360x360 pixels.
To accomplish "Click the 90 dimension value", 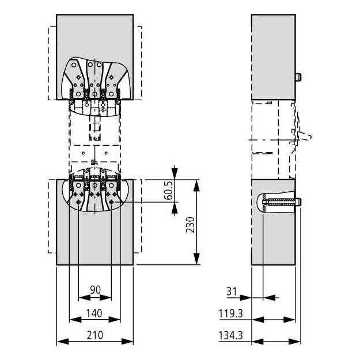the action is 95,290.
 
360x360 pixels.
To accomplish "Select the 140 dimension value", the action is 94,313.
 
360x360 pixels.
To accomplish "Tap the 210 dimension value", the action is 95,335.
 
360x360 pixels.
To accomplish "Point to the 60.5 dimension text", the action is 169,190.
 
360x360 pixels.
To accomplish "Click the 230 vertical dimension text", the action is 190,225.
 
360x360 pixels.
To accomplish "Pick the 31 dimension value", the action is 232,291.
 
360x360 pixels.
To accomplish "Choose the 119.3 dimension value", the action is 230,313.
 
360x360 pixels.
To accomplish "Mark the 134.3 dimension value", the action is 230,335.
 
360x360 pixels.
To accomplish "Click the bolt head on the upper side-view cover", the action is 298,77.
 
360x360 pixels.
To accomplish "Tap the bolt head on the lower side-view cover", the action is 298,202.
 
